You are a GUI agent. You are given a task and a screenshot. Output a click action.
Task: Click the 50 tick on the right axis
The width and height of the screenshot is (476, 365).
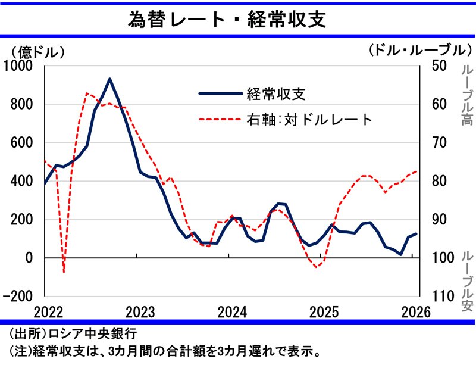pyautogui.click(x=436, y=66)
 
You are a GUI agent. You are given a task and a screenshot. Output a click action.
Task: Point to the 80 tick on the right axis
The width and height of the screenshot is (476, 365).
pyautogui.click(x=436, y=181)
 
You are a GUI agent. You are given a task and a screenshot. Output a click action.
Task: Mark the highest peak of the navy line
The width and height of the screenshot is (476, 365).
pyautogui.click(x=110, y=79)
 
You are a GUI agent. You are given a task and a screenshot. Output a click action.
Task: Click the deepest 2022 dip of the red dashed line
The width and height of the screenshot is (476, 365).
pyautogui.click(x=64, y=272)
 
